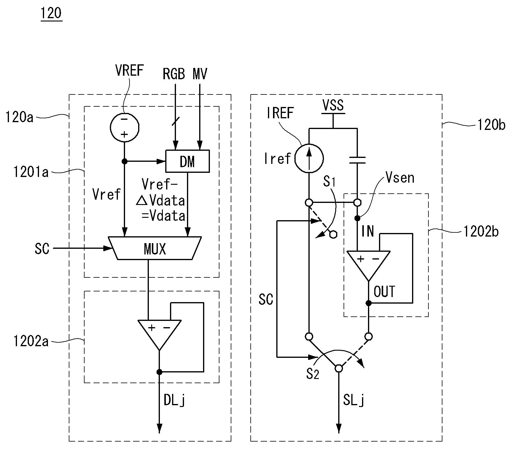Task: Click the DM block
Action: tap(188, 161)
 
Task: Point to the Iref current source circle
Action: tap(309, 158)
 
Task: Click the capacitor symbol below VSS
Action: tap(357, 160)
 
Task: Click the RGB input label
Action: tap(174, 74)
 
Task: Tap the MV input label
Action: tap(200, 74)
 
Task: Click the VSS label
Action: tap(333, 105)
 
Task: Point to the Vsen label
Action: tap(400, 178)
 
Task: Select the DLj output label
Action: tap(175, 400)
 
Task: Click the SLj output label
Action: tap(354, 400)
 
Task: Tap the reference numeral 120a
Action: tap(19, 117)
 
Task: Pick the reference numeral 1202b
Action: tap(481, 232)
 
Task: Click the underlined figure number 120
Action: tap(51, 13)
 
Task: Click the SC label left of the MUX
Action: tap(42, 248)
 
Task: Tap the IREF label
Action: tap(280, 113)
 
